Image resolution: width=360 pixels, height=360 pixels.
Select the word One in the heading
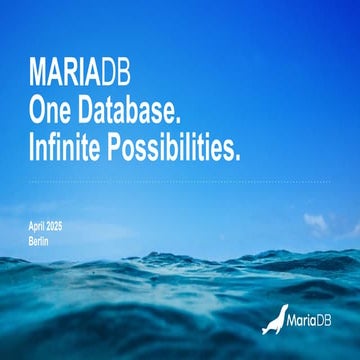tap(49, 112)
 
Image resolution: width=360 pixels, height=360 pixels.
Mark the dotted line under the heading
tap(179, 181)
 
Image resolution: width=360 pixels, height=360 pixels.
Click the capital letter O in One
tap(37, 112)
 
